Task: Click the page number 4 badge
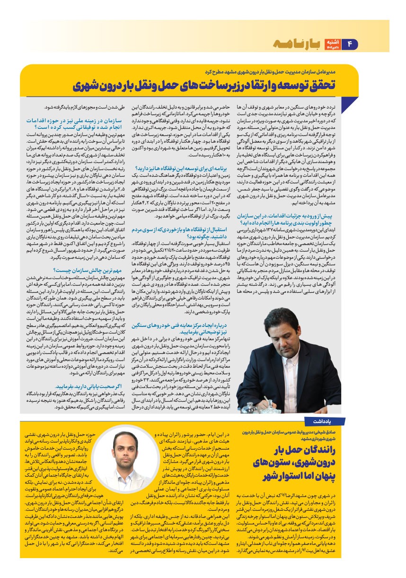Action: click(x=351, y=44)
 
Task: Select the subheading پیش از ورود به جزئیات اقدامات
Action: click(x=294, y=218)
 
